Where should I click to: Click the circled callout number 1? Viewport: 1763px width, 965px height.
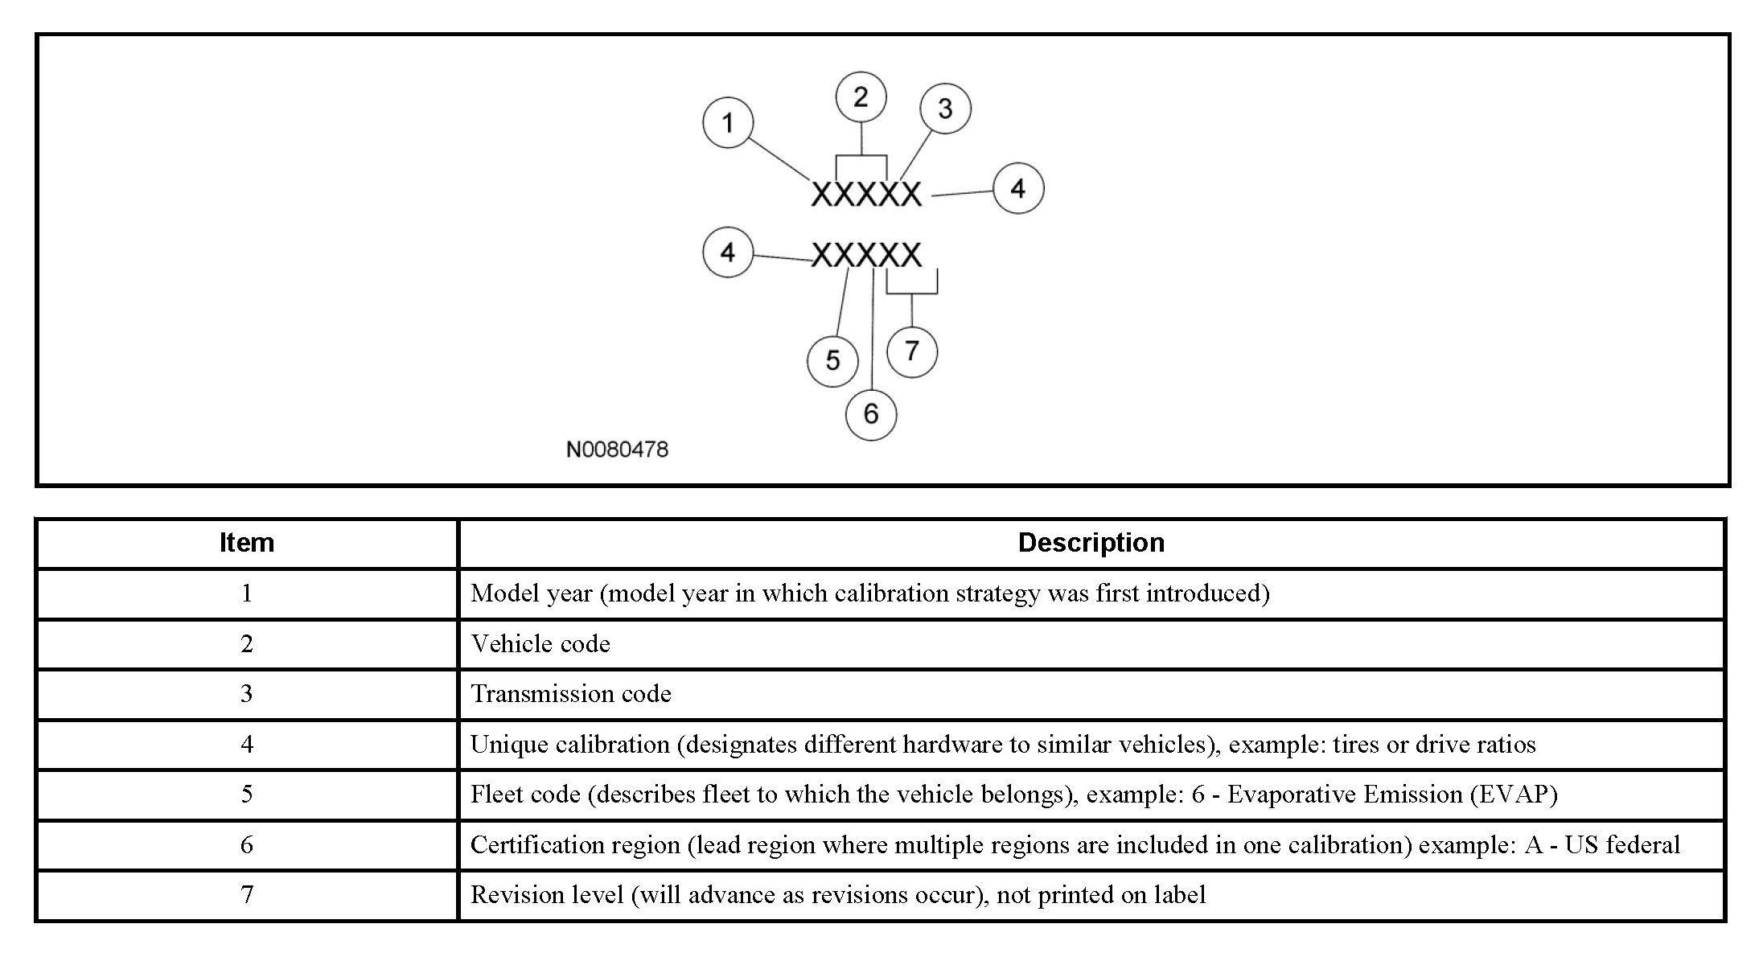(728, 123)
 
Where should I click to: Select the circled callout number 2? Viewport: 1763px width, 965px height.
(861, 97)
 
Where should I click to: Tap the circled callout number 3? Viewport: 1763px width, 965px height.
(945, 109)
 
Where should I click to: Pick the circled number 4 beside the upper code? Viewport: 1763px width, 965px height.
(1018, 189)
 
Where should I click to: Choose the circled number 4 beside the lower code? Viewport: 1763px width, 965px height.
(728, 253)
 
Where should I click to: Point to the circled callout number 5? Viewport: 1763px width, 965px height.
(832, 360)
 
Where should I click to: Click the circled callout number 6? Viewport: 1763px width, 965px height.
(871, 414)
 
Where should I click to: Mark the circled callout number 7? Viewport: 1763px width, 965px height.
(912, 351)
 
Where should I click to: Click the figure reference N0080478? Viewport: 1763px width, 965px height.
(617, 450)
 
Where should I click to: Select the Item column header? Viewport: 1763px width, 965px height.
(247, 543)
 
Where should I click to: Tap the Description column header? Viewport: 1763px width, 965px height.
(1091, 543)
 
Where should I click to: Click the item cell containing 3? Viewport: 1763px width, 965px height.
(247, 694)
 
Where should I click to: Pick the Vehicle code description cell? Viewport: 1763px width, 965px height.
(540, 644)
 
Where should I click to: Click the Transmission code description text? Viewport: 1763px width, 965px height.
(570, 694)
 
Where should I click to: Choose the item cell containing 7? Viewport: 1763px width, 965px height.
(247, 895)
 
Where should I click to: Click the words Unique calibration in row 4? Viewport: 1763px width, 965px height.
(569, 745)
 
